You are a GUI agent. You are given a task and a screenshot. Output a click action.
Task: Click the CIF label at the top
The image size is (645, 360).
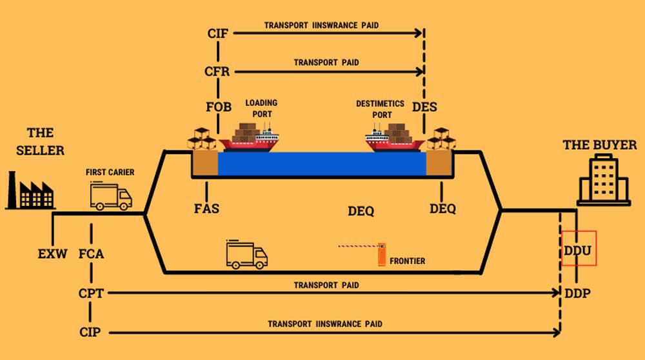(218, 33)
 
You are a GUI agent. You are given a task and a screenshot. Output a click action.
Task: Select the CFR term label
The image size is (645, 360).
(218, 71)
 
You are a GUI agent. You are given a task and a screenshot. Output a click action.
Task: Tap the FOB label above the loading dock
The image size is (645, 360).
(219, 106)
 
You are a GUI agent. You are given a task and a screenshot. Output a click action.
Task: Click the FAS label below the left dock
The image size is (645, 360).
(206, 208)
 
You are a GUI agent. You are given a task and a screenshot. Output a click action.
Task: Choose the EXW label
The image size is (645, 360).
(52, 254)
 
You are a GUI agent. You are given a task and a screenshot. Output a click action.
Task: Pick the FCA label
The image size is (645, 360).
(90, 254)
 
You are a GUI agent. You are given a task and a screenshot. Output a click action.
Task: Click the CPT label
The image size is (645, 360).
(91, 293)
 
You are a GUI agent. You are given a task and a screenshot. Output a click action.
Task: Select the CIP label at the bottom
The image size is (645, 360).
(90, 332)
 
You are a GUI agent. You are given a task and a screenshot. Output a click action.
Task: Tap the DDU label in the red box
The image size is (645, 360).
(578, 249)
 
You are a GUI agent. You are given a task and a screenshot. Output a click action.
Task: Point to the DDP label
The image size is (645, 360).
(578, 293)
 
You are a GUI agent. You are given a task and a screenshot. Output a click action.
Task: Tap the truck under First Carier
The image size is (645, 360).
(110, 196)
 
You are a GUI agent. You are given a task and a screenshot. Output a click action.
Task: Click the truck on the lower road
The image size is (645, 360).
(246, 255)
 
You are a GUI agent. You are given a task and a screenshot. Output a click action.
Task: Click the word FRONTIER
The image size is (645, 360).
(407, 261)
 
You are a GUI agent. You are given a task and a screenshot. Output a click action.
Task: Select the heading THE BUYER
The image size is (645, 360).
(600, 145)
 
